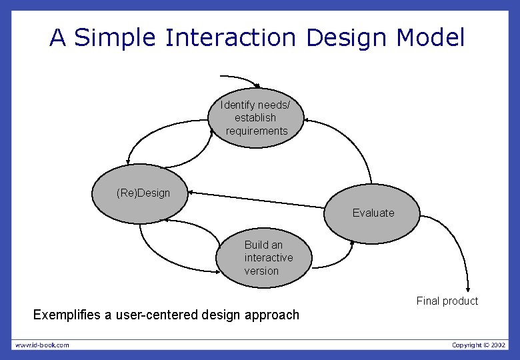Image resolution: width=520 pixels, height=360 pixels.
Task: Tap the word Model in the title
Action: [430, 38]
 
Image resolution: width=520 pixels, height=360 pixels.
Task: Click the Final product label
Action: [447, 301]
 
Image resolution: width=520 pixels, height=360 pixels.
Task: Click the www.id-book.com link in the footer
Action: [42, 345]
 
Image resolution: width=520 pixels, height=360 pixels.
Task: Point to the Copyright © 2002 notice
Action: [478, 345]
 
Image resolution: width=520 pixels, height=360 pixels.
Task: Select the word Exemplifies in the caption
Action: [67, 315]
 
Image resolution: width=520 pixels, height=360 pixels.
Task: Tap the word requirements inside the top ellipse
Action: [257, 131]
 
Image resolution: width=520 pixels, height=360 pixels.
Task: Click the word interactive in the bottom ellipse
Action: [268, 257]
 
